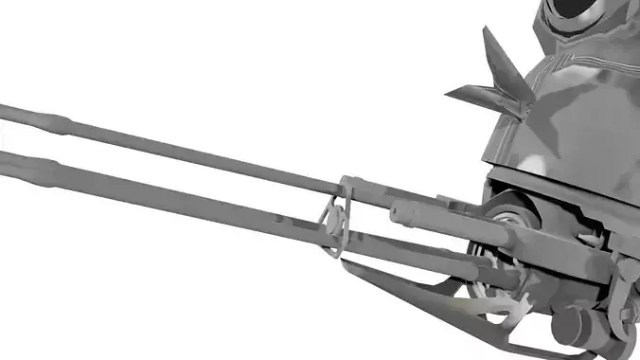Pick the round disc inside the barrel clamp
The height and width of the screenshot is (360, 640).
click(334, 225)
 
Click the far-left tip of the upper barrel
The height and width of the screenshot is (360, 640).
click(3, 112)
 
